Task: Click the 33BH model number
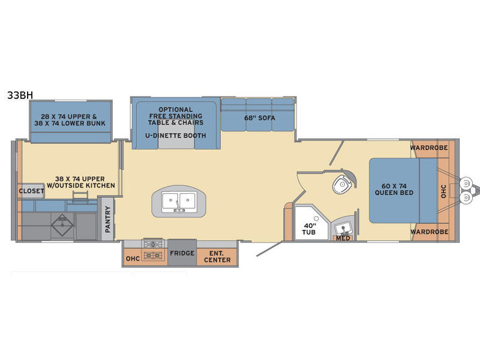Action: click(x=20, y=95)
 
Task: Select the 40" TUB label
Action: click(x=309, y=229)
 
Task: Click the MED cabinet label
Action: click(x=343, y=238)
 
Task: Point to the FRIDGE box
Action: click(x=182, y=253)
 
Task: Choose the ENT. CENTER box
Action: click(x=217, y=257)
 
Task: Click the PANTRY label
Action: click(x=107, y=219)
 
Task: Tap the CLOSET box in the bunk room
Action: click(x=31, y=191)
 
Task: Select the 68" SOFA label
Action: click(x=260, y=118)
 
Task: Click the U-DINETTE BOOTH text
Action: click(x=175, y=136)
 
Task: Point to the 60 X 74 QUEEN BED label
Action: click(x=394, y=190)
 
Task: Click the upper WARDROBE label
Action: click(x=429, y=148)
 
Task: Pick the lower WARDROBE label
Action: click(x=429, y=232)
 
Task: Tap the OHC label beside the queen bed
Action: click(x=443, y=191)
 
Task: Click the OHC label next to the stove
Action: click(x=133, y=259)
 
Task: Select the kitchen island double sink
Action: click(x=179, y=202)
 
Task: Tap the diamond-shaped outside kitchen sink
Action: click(x=62, y=224)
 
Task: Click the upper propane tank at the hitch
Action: click(x=466, y=184)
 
